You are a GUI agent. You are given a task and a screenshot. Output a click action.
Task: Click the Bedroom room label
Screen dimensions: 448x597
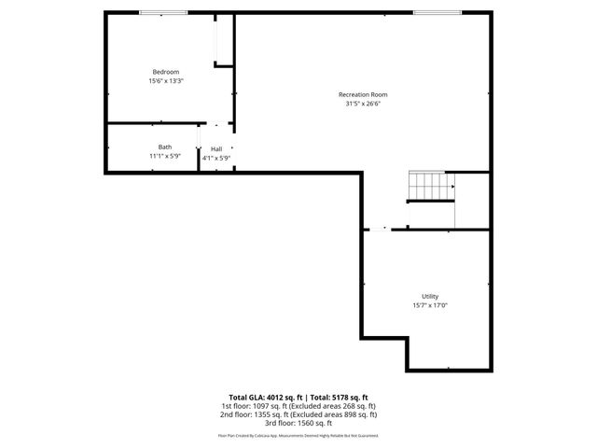point(166,72)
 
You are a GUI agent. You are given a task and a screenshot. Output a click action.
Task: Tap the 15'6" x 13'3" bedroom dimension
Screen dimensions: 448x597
point(166,81)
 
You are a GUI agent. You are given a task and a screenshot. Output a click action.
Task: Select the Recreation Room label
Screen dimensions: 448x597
point(363,94)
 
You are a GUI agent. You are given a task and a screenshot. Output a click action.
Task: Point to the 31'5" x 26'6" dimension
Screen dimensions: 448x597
point(363,104)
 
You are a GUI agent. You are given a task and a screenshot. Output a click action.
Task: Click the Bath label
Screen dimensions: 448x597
point(164,147)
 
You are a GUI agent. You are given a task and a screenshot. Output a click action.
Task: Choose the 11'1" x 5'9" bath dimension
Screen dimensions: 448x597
point(164,156)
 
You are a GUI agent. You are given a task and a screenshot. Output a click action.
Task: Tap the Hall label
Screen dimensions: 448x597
point(216,149)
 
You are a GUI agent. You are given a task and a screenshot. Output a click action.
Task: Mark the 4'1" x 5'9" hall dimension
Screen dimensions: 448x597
point(216,159)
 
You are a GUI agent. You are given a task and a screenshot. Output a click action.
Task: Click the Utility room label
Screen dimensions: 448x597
point(430,296)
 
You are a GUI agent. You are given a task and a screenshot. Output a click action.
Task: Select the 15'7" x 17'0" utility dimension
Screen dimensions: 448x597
point(430,305)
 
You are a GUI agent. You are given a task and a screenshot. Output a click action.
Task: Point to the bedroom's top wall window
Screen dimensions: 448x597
point(160,12)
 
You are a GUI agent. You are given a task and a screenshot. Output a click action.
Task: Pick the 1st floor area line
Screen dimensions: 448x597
point(298,406)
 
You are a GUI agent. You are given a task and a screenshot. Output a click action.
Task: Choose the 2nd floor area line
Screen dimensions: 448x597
point(298,414)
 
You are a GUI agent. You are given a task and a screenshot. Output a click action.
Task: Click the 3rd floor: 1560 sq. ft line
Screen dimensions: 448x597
point(298,423)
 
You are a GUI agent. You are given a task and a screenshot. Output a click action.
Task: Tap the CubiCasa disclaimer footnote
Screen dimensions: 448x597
point(298,435)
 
